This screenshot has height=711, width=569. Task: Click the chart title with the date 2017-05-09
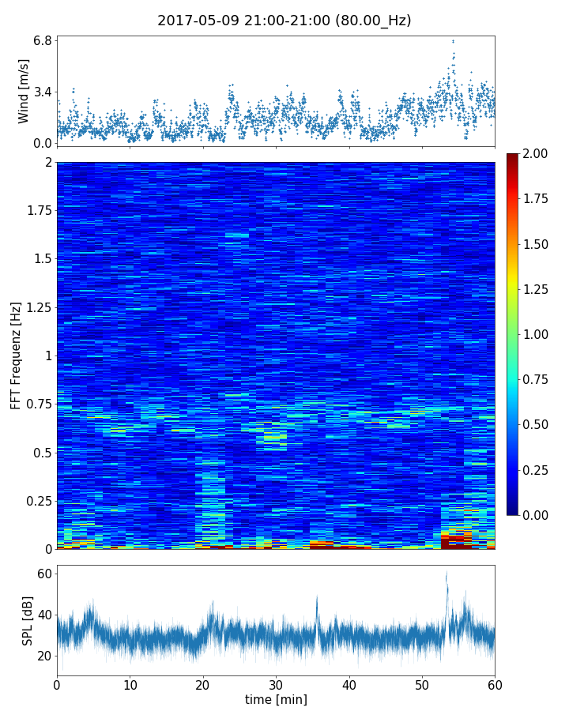[x=284, y=21]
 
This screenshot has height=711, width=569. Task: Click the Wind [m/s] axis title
[x=24, y=91]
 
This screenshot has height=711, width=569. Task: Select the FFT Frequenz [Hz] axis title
[x=16, y=355]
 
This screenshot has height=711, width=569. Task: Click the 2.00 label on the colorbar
[x=537, y=153]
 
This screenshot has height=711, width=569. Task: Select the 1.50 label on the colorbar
[x=537, y=244]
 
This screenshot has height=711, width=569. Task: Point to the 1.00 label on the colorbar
[x=537, y=334]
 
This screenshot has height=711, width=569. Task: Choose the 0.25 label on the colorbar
[x=537, y=470]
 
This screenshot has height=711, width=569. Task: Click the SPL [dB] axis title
[x=28, y=621]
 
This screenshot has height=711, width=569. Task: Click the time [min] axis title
[x=276, y=699]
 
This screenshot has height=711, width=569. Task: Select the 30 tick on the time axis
[x=276, y=684]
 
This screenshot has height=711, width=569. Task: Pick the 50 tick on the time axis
[x=422, y=684]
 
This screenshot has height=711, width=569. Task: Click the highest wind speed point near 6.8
[x=453, y=41]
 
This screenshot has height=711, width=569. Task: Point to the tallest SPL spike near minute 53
[x=447, y=573]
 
